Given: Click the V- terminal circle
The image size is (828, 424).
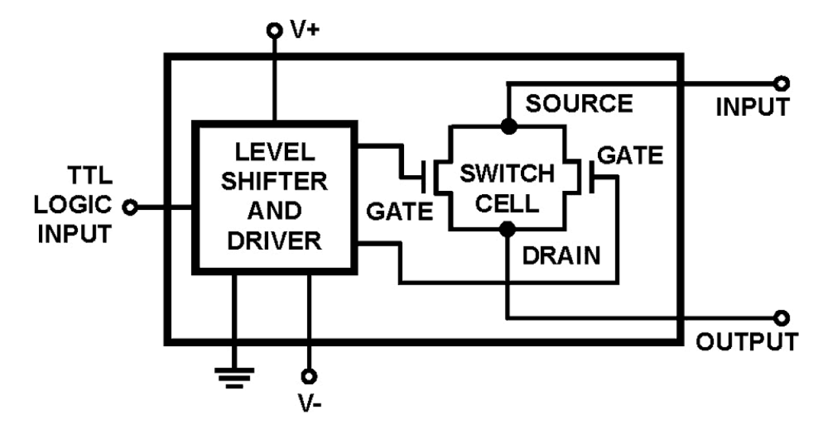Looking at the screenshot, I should pos(307,377).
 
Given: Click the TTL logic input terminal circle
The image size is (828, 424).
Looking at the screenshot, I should pos(131,208).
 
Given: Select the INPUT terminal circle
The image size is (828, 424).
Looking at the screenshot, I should pos(781,84).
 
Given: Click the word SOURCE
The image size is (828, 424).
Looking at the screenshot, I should pos(579,104).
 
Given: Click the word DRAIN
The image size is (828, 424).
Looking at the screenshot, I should pos(562,256).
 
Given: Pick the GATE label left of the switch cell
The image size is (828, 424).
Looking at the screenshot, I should pos(399,213).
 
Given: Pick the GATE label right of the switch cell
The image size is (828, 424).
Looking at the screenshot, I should pos(630,155).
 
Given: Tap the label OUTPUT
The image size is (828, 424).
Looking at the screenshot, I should pos(747,342).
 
